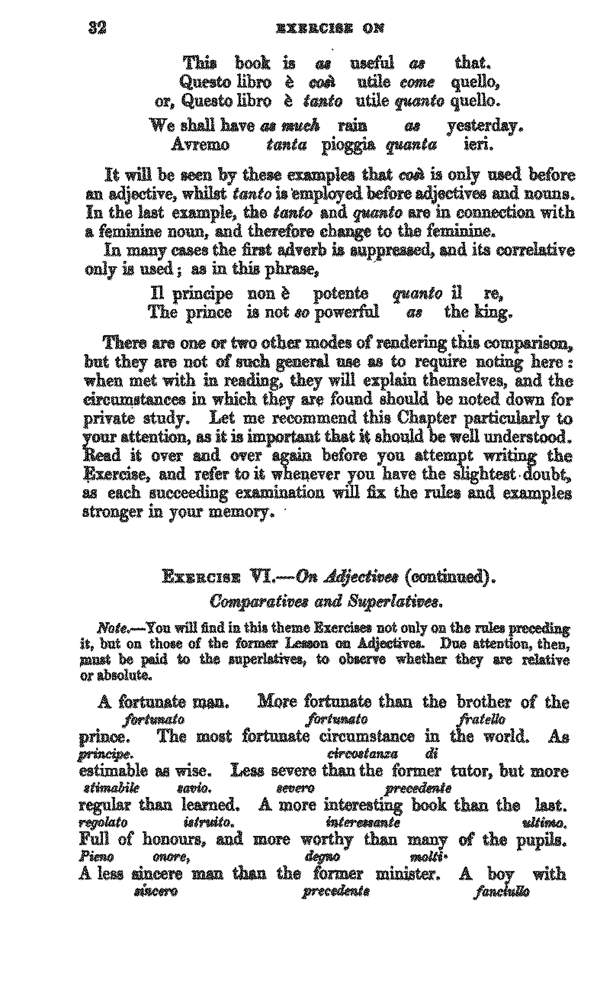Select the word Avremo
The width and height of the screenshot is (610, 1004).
point(200,145)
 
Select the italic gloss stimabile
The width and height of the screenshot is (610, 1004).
point(111,788)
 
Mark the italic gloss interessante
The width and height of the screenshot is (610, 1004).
point(363,823)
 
